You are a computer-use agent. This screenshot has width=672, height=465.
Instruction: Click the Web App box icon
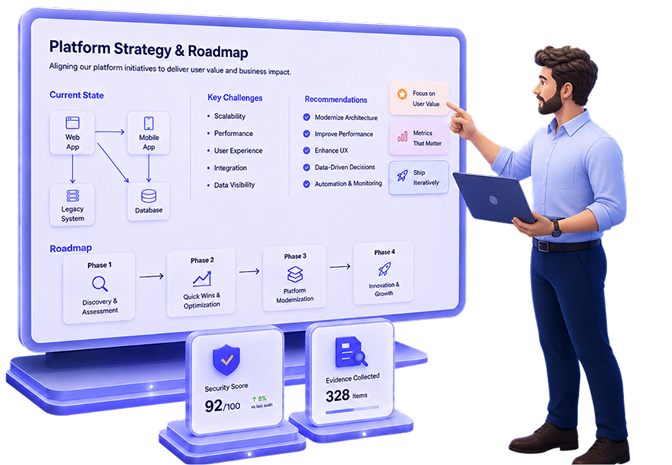72,123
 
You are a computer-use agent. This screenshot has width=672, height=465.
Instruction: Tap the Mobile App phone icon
148,123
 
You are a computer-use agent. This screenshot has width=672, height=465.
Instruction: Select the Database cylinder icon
148,196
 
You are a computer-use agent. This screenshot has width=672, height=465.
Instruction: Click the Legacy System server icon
72,196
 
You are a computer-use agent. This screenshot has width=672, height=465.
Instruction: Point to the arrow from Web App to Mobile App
110,132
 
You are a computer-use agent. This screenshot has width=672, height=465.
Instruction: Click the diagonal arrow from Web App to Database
113,163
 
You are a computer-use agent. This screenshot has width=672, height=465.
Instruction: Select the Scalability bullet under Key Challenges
209,116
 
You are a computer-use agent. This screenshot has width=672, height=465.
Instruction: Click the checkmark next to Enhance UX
306,151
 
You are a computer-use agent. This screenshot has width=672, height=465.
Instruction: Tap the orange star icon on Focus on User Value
402,94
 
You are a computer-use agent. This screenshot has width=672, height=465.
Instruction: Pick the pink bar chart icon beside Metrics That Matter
403,136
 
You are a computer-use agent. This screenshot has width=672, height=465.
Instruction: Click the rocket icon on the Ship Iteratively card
402,175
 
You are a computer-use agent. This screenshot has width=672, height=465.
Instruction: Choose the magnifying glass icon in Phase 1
100,284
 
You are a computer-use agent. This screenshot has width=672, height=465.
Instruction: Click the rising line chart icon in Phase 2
202,279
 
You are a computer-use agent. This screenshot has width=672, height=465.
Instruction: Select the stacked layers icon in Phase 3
295,275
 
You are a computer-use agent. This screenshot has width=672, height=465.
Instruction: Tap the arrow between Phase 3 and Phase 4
340,267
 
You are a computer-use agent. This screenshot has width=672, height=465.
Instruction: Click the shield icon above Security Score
226,359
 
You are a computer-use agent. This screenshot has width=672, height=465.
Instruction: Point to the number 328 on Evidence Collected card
337,395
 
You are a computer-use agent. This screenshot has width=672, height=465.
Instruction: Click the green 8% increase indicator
259,398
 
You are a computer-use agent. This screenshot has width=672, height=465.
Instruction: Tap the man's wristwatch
556,228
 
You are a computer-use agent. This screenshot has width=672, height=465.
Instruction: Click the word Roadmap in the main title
218,51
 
